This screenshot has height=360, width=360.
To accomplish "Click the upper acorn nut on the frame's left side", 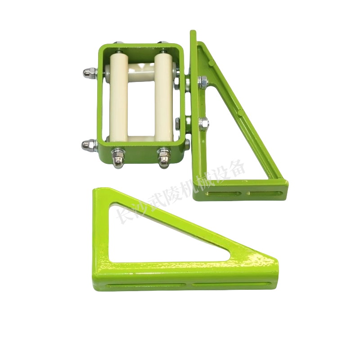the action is (x=90, y=73).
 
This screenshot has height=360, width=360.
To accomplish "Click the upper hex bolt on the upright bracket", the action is (x=203, y=82).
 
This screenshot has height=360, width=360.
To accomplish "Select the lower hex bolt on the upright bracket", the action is (x=204, y=123).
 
